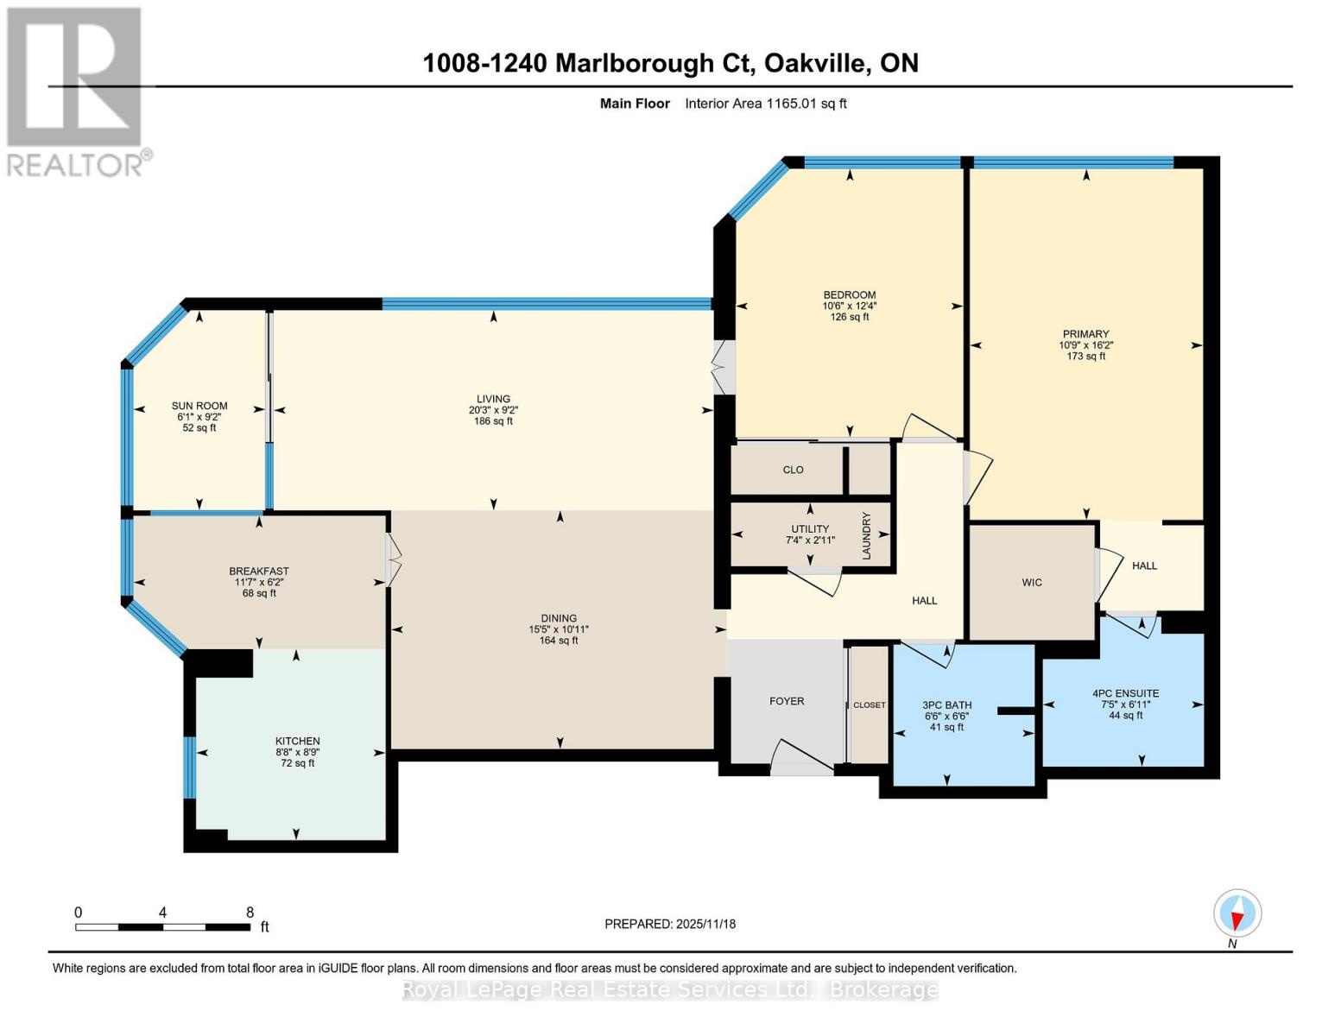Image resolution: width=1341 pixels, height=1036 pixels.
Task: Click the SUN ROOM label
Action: [199, 406]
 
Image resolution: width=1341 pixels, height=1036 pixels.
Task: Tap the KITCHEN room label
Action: [297, 741]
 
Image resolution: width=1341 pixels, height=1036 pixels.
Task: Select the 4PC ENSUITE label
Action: [1125, 693]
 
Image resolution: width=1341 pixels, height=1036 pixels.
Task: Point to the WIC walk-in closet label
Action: [1032, 583]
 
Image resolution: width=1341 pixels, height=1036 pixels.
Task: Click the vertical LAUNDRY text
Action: [866, 535]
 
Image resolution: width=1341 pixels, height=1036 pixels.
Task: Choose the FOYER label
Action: [787, 701]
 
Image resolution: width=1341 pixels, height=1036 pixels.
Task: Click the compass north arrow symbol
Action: [1237, 913]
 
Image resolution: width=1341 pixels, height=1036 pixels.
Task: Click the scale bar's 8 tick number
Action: [250, 913]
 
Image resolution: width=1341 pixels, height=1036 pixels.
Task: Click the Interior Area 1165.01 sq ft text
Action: [766, 104]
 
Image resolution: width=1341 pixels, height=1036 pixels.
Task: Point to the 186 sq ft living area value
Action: [493, 421]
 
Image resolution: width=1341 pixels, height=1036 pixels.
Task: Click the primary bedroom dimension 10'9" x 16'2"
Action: [1085, 345]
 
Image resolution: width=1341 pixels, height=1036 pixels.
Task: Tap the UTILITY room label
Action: [810, 529]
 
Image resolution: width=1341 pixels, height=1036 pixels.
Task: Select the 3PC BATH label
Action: [946, 705]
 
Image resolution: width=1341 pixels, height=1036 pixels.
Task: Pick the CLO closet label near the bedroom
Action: [793, 470]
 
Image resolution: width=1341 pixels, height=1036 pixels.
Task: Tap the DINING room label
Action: [559, 618]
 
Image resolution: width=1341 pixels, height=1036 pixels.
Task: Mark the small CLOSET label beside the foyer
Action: [870, 705]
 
